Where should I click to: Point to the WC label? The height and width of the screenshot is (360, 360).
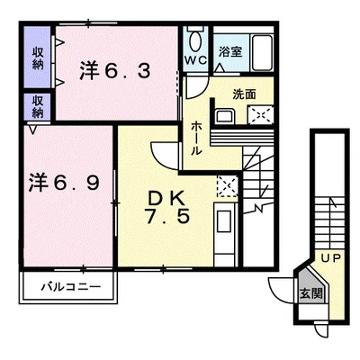point(195,60)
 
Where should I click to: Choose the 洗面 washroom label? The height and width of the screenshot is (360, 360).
point(244,93)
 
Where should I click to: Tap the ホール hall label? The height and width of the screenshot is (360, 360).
point(194,138)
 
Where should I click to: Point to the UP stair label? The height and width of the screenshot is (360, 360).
point(331,257)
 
